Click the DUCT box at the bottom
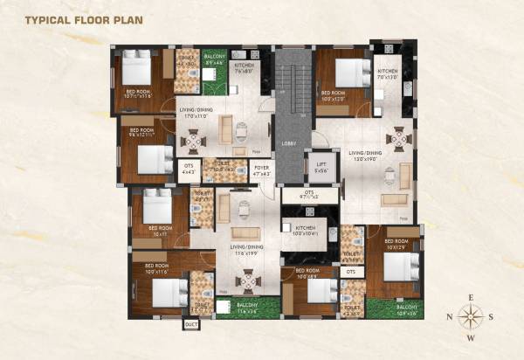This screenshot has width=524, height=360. tap(191, 324)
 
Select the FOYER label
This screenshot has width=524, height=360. tap(260, 170)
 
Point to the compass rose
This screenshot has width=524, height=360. tap(471, 315)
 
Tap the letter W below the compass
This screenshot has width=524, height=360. tap(471, 338)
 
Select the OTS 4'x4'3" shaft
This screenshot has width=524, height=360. tap(188, 169)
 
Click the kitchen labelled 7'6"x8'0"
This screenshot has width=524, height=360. tap(244, 68)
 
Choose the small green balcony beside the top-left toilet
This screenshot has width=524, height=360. tap(213, 71)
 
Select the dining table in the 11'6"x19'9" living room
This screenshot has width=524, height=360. tap(249, 280)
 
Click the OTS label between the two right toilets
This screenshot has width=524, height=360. tap(351, 272)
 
